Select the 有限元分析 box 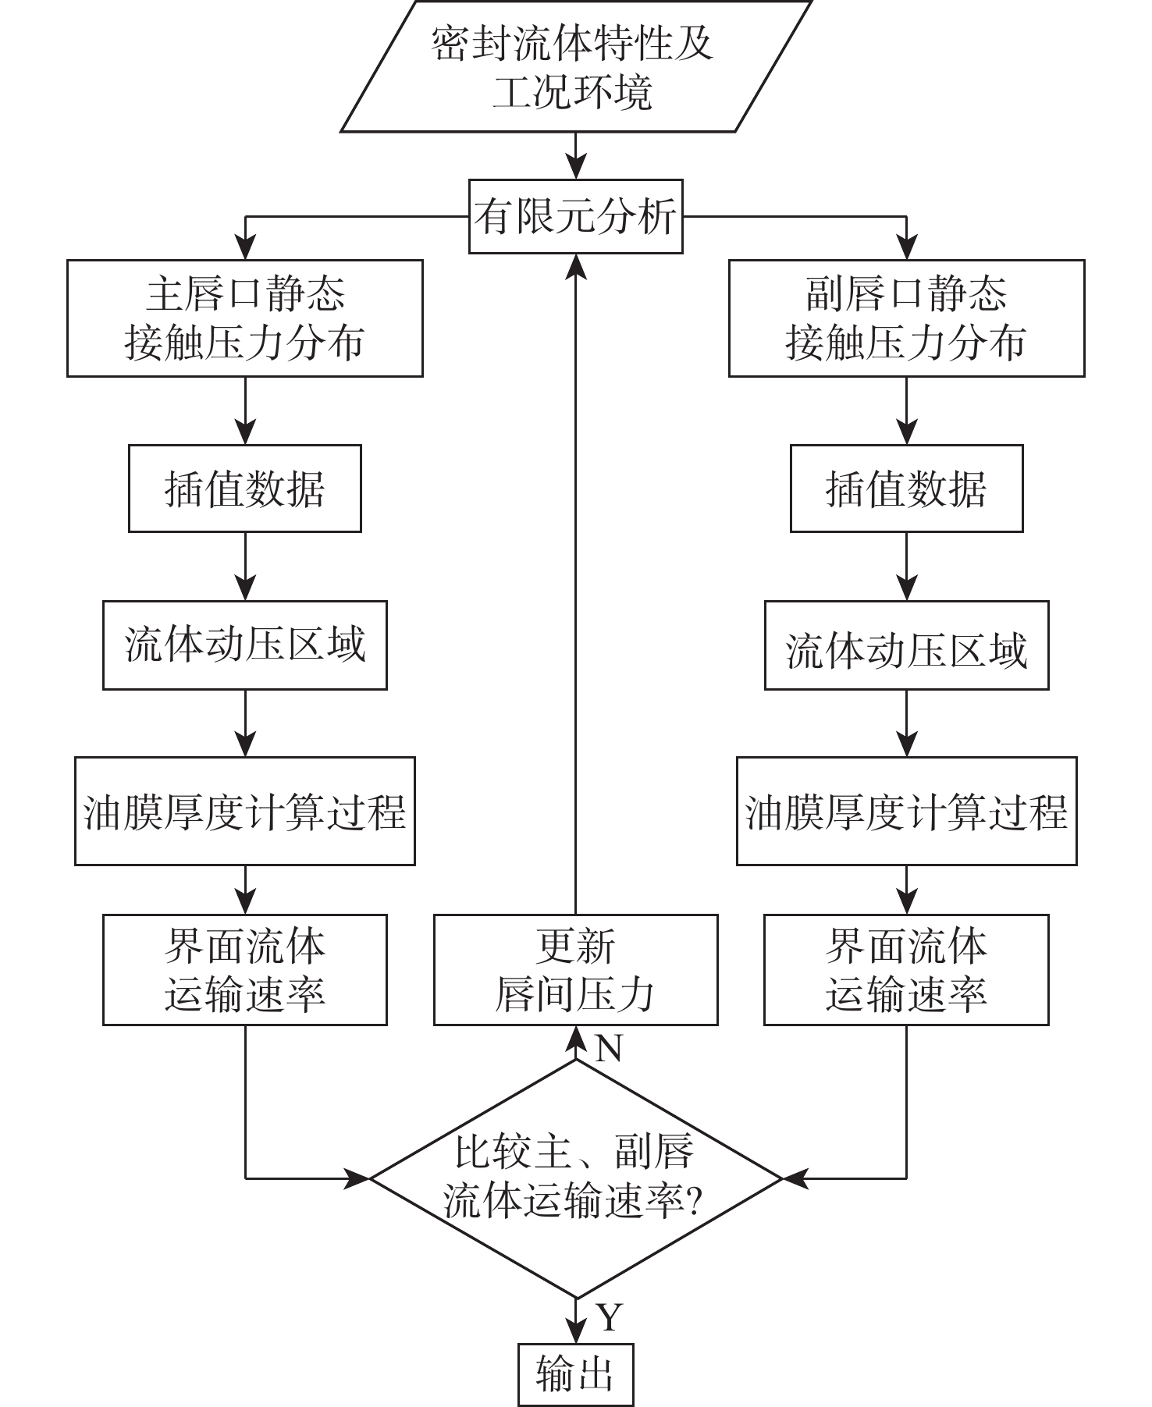[x=575, y=216]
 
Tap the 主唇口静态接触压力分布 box [x=244, y=318]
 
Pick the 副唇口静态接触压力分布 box [x=906, y=318]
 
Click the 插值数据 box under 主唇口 [x=244, y=489]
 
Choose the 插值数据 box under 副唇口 [x=906, y=489]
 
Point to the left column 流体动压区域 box [x=244, y=645]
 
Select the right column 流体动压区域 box [x=906, y=645]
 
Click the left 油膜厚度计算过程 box [x=244, y=811]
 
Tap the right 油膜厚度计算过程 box [x=906, y=811]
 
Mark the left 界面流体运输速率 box [x=244, y=970]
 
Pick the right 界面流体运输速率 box [x=906, y=970]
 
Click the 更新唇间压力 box [x=575, y=970]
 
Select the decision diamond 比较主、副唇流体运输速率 [x=575, y=1178]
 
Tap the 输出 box [x=575, y=1374]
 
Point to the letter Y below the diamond [x=609, y=1317]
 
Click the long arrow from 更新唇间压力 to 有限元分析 [x=576, y=585]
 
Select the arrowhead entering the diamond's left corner [x=357, y=1178]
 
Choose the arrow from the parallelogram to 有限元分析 [x=576, y=156]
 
